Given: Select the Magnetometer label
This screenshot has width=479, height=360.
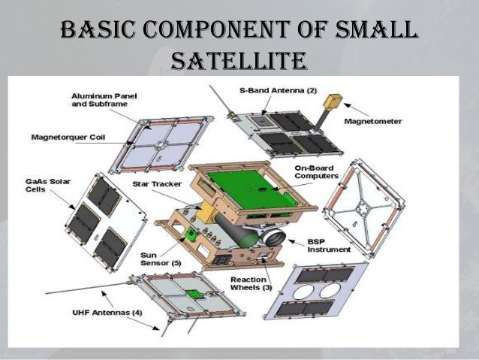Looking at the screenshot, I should point(373,120).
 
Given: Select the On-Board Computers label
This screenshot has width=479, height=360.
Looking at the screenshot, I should point(312,171).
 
